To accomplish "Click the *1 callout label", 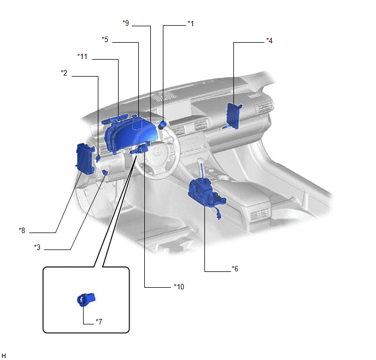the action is click(191, 24).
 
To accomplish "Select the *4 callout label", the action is click(269, 40).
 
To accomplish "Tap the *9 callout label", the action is click(126, 23).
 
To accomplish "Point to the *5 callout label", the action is click(105, 39).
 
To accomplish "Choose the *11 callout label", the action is click(82, 56).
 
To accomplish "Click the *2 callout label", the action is click(64, 73).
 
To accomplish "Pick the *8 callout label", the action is click(22, 230).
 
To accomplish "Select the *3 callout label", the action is click(37, 247).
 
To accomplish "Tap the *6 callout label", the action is click(235, 269).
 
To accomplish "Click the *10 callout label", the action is click(179, 287).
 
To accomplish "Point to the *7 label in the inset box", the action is click(99, 321).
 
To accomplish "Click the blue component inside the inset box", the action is click(86, 299).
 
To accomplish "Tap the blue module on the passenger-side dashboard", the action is click(233, 116).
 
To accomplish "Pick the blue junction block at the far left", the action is click(85, 159).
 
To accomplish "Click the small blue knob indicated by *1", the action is click(162, 125).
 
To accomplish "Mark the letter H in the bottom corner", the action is click(4, 356).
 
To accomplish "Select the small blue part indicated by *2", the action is click(98, 159).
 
